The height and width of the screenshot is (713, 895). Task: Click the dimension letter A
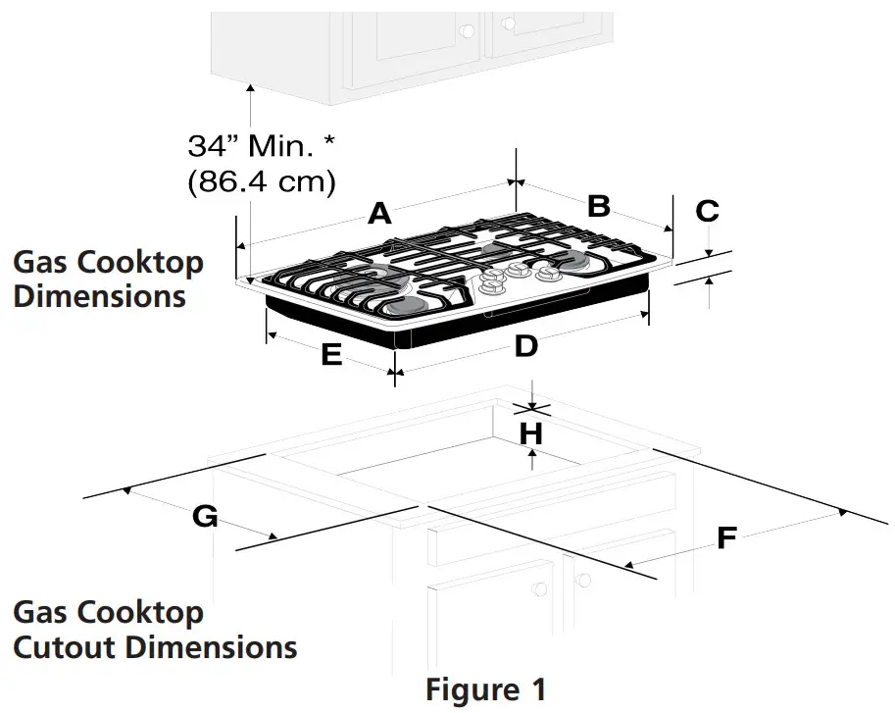pos(379,215)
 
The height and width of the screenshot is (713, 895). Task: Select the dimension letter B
pos(599,206)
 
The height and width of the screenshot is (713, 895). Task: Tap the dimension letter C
pos(707,210)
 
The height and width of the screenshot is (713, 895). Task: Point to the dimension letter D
pos(526,345)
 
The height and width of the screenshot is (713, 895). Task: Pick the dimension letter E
pos(331,355)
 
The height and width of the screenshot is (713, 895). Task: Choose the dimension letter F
pos(726,537)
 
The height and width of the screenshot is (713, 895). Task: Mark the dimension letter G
pos(204,516)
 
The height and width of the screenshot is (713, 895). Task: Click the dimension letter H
pos(530,433)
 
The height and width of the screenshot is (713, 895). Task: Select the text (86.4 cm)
pos(262,181)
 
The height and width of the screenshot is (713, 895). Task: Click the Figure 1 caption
pos(485,689)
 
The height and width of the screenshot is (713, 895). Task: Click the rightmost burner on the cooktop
pos(572,261)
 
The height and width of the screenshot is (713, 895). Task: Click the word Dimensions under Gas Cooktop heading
pos(99,295)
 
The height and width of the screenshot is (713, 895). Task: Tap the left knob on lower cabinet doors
pos(538,587)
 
